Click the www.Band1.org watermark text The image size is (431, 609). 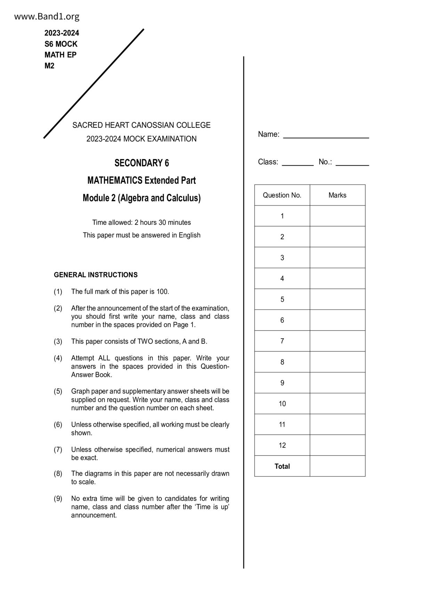pos(47,16)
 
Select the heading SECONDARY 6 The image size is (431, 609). pos(141,163)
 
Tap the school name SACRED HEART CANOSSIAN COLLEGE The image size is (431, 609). pos(141,125)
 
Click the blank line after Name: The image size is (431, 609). pos(326,135)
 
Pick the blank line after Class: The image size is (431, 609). pos(298,163)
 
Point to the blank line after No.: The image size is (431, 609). pos(352,163)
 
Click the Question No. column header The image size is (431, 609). pos(282,195)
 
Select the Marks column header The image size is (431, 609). pos(337,195)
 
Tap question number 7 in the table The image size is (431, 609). pos(282,341)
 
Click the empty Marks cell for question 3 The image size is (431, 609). pos(337,258)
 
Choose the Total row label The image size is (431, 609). pos(282,466)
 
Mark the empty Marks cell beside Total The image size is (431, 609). pos(337,466)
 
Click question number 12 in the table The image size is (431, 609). pos(282,445)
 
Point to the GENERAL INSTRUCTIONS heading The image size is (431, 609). pos(96,275)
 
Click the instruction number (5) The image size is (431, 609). pos(58,391)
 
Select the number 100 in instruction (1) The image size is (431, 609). pos(162,292)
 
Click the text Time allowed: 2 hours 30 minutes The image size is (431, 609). pos(141,222)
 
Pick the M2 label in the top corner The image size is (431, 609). pos(49,66)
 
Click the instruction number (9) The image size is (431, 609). pos(58,499)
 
